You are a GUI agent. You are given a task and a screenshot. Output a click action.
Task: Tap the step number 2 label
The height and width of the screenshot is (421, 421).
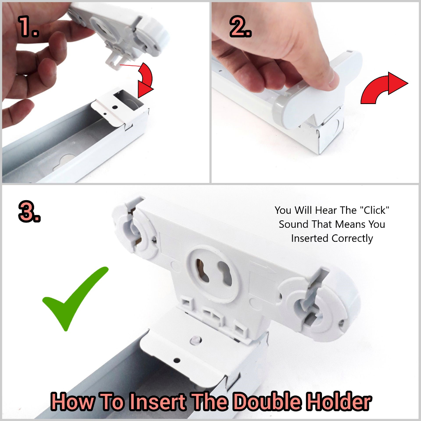coord(241,26)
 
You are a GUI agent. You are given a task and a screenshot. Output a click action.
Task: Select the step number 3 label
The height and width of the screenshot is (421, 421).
coord(30,212)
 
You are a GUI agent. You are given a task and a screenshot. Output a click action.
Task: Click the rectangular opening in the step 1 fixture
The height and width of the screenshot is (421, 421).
coord(126,98)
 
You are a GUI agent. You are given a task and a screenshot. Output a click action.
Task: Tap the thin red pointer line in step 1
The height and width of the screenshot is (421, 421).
coord(130,65)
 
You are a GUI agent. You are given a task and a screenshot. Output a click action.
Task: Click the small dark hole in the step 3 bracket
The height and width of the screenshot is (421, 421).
coord(177,361)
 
